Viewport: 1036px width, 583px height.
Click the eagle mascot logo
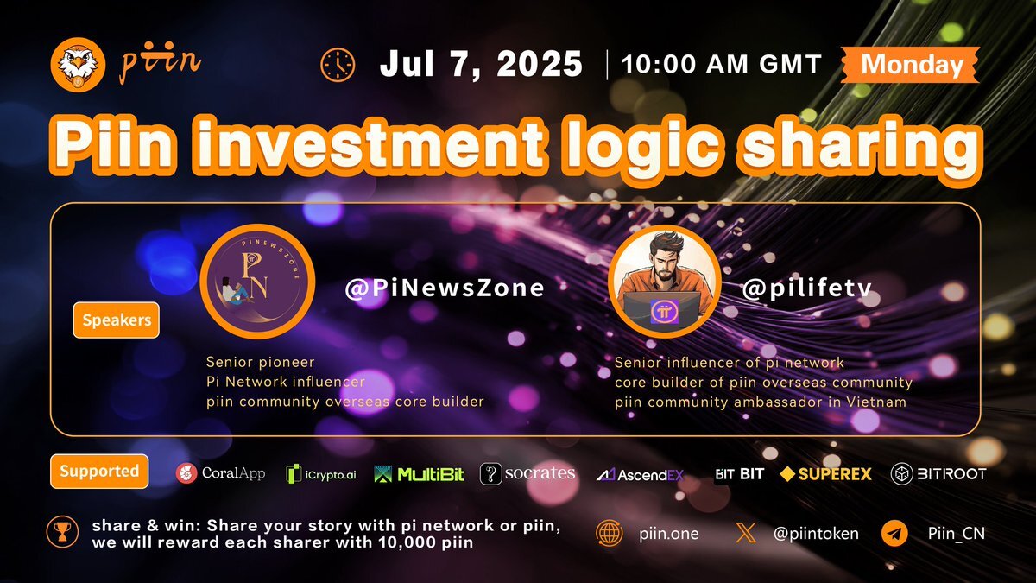(x=79, y=64)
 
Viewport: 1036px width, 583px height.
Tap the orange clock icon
(x=338, y=65)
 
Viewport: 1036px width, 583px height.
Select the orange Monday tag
(x=910, y=64)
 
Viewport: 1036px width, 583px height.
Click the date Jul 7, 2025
(x=481, y=63)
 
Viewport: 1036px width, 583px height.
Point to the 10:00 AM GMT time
(x=722, y=64)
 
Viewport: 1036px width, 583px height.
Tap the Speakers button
(x=117, y=320)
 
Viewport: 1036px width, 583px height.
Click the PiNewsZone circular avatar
(x=257, y=282)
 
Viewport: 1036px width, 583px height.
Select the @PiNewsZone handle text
(x=445, y=288)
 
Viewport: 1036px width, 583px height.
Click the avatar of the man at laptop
(x=665, y=282)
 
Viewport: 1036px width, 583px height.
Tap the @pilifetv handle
(x=807, y=288)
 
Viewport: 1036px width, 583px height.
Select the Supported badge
(x=99, y=471)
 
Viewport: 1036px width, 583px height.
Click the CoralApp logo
(x=221, y=473)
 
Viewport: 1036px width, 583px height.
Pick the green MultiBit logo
(x=419, y=474)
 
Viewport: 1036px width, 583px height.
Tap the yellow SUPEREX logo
(x=825, y=474)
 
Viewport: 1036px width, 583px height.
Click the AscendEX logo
(x=640, y=475)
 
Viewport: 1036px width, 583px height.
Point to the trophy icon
(x=62, y=532)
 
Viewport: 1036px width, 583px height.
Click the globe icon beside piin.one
(x=610, y=534)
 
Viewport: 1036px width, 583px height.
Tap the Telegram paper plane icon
(x=894, y=534)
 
